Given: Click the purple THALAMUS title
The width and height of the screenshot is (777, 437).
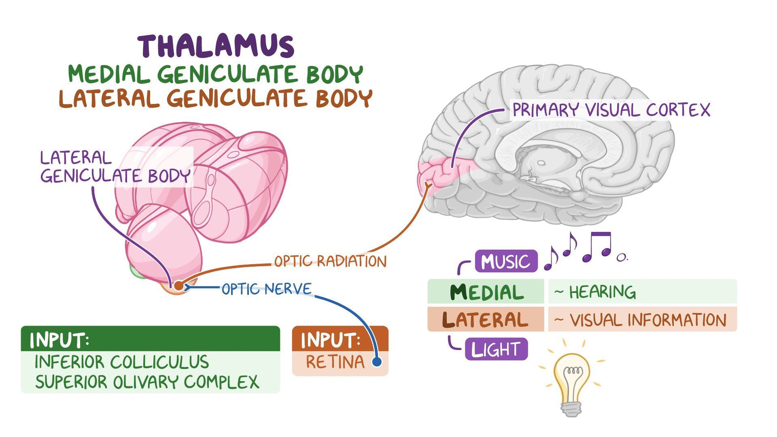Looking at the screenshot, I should [x=216, y=46].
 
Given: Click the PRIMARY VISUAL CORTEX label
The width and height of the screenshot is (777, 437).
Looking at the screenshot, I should [x=611, y=110].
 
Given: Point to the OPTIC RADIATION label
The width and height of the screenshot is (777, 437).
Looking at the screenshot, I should [x=330, y=261].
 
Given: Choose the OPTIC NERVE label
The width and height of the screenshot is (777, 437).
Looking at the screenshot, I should [x=267, y=289].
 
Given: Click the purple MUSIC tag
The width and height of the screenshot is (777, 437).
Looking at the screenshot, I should [x=506, y=261].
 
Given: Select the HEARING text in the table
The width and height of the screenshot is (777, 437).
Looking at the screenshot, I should [x=602, y=292].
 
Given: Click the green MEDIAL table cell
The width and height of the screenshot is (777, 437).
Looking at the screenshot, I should [x=486, y=292].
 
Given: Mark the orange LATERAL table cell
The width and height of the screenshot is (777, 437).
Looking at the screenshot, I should [x=486, y=320].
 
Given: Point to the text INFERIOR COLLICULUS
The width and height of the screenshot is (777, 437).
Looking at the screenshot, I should [x=122, y=362].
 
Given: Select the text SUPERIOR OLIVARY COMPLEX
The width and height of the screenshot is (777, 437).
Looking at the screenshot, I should [x=147, y=382].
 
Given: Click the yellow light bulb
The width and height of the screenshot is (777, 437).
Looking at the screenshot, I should [x=571, y=380].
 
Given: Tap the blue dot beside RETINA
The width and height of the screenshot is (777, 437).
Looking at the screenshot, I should [x=377, y=362].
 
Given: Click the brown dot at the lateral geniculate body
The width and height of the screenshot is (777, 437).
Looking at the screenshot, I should [x=178, y=285].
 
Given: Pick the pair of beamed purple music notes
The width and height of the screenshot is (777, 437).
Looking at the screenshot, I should [x=597, y=245].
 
